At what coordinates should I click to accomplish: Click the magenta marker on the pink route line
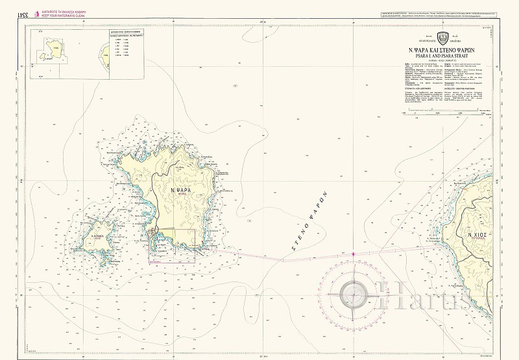pyautogui.click(x=353, y=254)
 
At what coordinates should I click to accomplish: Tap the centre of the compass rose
pyautogui.click(x=353, y=295)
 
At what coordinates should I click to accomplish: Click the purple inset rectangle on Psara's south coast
pyautogui.click(x=172, y=246)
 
